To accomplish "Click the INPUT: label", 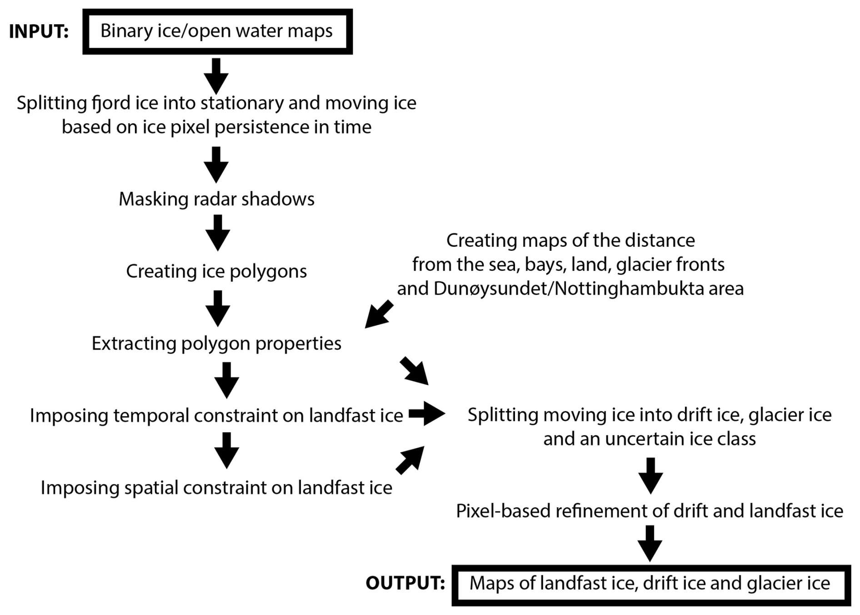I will pos(39,32).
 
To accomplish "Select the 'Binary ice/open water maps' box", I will pos(217,31).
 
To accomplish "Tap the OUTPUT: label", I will pos(405,583).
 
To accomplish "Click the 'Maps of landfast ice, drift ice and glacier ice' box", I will pos(650,584).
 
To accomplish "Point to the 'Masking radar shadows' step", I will pos(216,199).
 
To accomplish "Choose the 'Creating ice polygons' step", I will pos(216,271).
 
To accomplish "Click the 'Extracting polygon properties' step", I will pos(216,344).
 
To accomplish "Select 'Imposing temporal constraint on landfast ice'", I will pos(216,415).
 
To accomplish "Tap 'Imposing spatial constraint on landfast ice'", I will pos(216,488).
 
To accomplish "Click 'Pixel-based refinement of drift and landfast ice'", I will pos(650,511).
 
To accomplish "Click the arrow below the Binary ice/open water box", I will pos(216,75).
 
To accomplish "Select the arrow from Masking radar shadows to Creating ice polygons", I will pos(218,232).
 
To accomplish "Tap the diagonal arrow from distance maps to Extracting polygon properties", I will pos(379,314).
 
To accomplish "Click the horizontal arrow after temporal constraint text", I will pos(426,414).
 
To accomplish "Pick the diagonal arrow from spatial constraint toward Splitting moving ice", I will pos(410,460).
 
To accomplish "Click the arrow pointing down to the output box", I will pos(650,543).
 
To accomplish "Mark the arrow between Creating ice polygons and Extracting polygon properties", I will pos(218,308).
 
